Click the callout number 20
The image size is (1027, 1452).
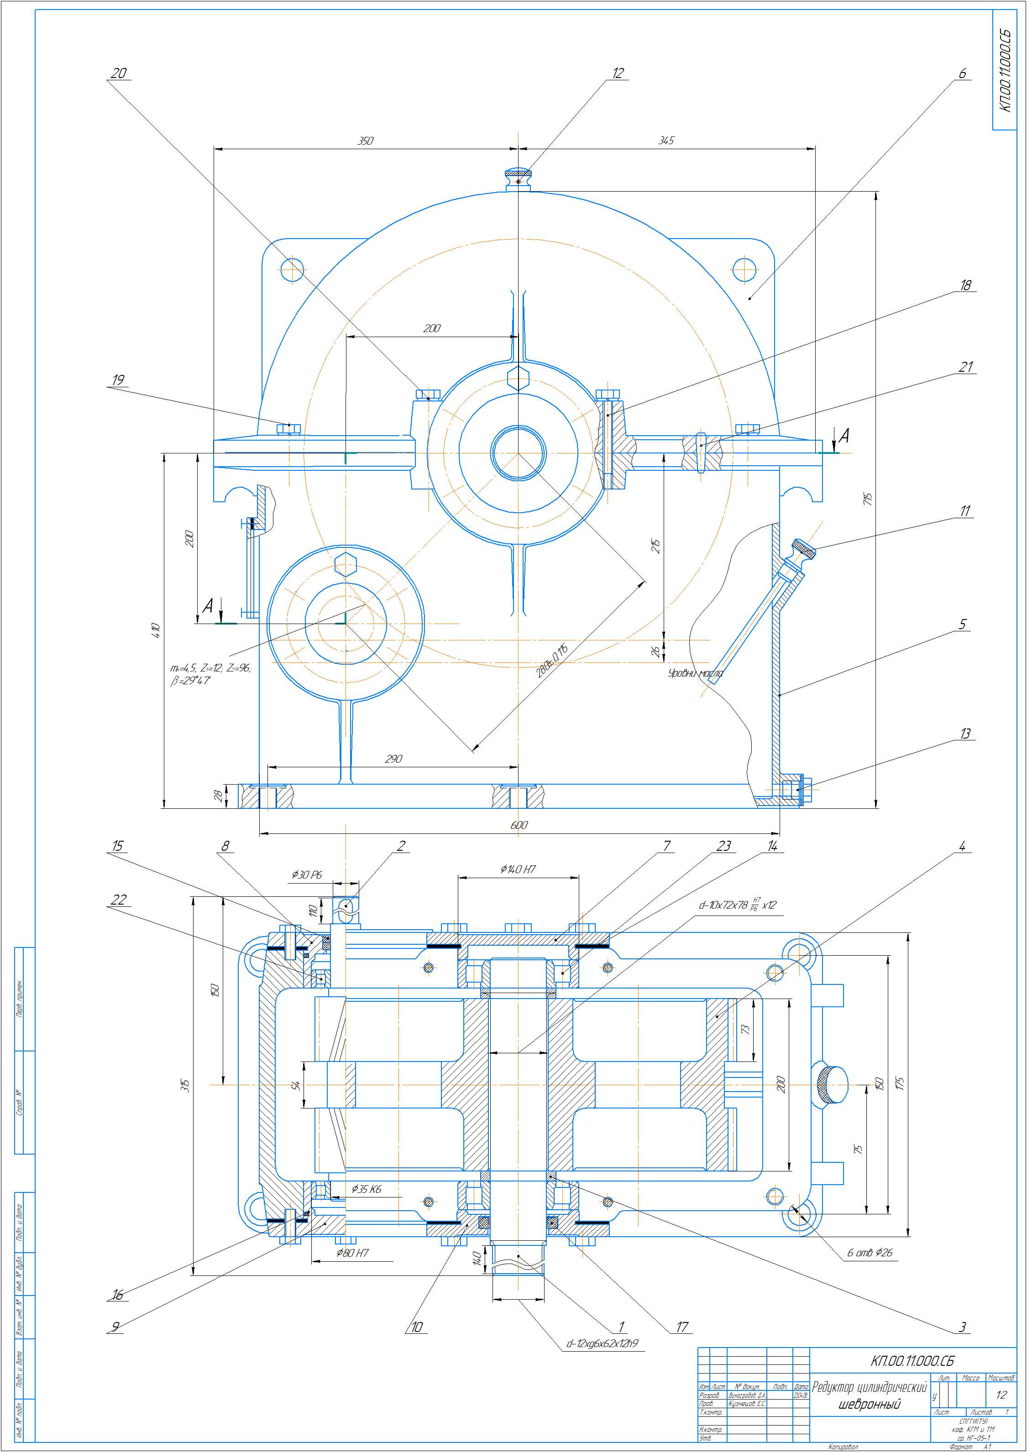coord(118,73)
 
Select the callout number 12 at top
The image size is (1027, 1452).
coord(618,73)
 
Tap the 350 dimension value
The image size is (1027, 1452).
coord(366,141)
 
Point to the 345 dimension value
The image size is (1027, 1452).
coord(666,141)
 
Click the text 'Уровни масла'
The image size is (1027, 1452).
coord(695,673)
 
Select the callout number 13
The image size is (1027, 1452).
coord(964,734)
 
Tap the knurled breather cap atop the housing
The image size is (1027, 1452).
coord(518,172)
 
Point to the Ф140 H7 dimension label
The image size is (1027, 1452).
coord(518,869)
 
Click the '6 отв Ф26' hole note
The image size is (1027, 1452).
coord(870,1252)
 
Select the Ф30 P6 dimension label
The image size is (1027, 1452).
coord(307,874)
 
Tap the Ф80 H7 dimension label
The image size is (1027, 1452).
coord(352,1252)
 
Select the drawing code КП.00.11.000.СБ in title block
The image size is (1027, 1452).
coord(912,1360)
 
